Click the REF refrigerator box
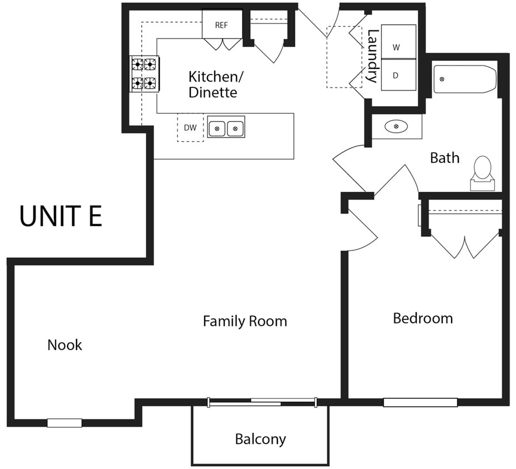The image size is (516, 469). [221, 25]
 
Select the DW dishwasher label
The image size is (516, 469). [190, 128]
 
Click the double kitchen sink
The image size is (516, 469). [226, 128]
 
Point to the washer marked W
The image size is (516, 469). [396, 47]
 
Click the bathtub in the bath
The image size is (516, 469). [464, 79]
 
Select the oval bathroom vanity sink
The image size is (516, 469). [396, 127]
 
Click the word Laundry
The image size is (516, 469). [372, 56]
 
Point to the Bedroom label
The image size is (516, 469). [423, 318]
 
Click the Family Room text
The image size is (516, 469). [245, 321]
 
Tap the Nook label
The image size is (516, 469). [65, 345]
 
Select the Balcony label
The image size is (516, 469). [260, 439]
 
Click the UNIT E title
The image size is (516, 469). [61, 216]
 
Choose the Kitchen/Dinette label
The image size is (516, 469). [213, 84]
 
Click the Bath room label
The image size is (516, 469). [444, 158]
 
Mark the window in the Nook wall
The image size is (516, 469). [64, 423]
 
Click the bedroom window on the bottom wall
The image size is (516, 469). [420, 402]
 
